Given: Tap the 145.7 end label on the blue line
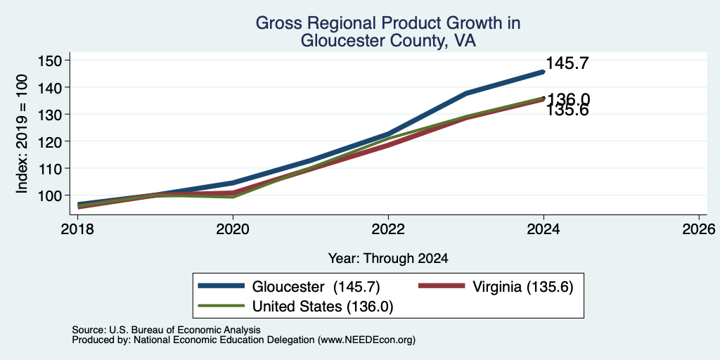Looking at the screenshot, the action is pos(567,63).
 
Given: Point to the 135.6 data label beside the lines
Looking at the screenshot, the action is pos(567,110).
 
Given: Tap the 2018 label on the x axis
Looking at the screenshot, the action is pos(77,229).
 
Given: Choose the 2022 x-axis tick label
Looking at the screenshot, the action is pos(388,229).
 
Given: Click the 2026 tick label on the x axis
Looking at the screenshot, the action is pos(699,229).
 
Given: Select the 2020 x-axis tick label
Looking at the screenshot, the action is pos(233,229).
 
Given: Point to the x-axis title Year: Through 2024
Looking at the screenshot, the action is pos(388,259).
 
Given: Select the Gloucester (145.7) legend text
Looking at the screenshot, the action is pos(316,287).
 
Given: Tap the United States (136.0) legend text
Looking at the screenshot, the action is pos(322,307).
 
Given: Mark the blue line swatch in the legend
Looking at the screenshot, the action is pos(221,286).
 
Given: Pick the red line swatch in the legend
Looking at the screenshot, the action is pos(442,286).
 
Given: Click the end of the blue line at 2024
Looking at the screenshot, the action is pos(544,72).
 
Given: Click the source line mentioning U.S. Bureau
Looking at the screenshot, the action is pos(166,330).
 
